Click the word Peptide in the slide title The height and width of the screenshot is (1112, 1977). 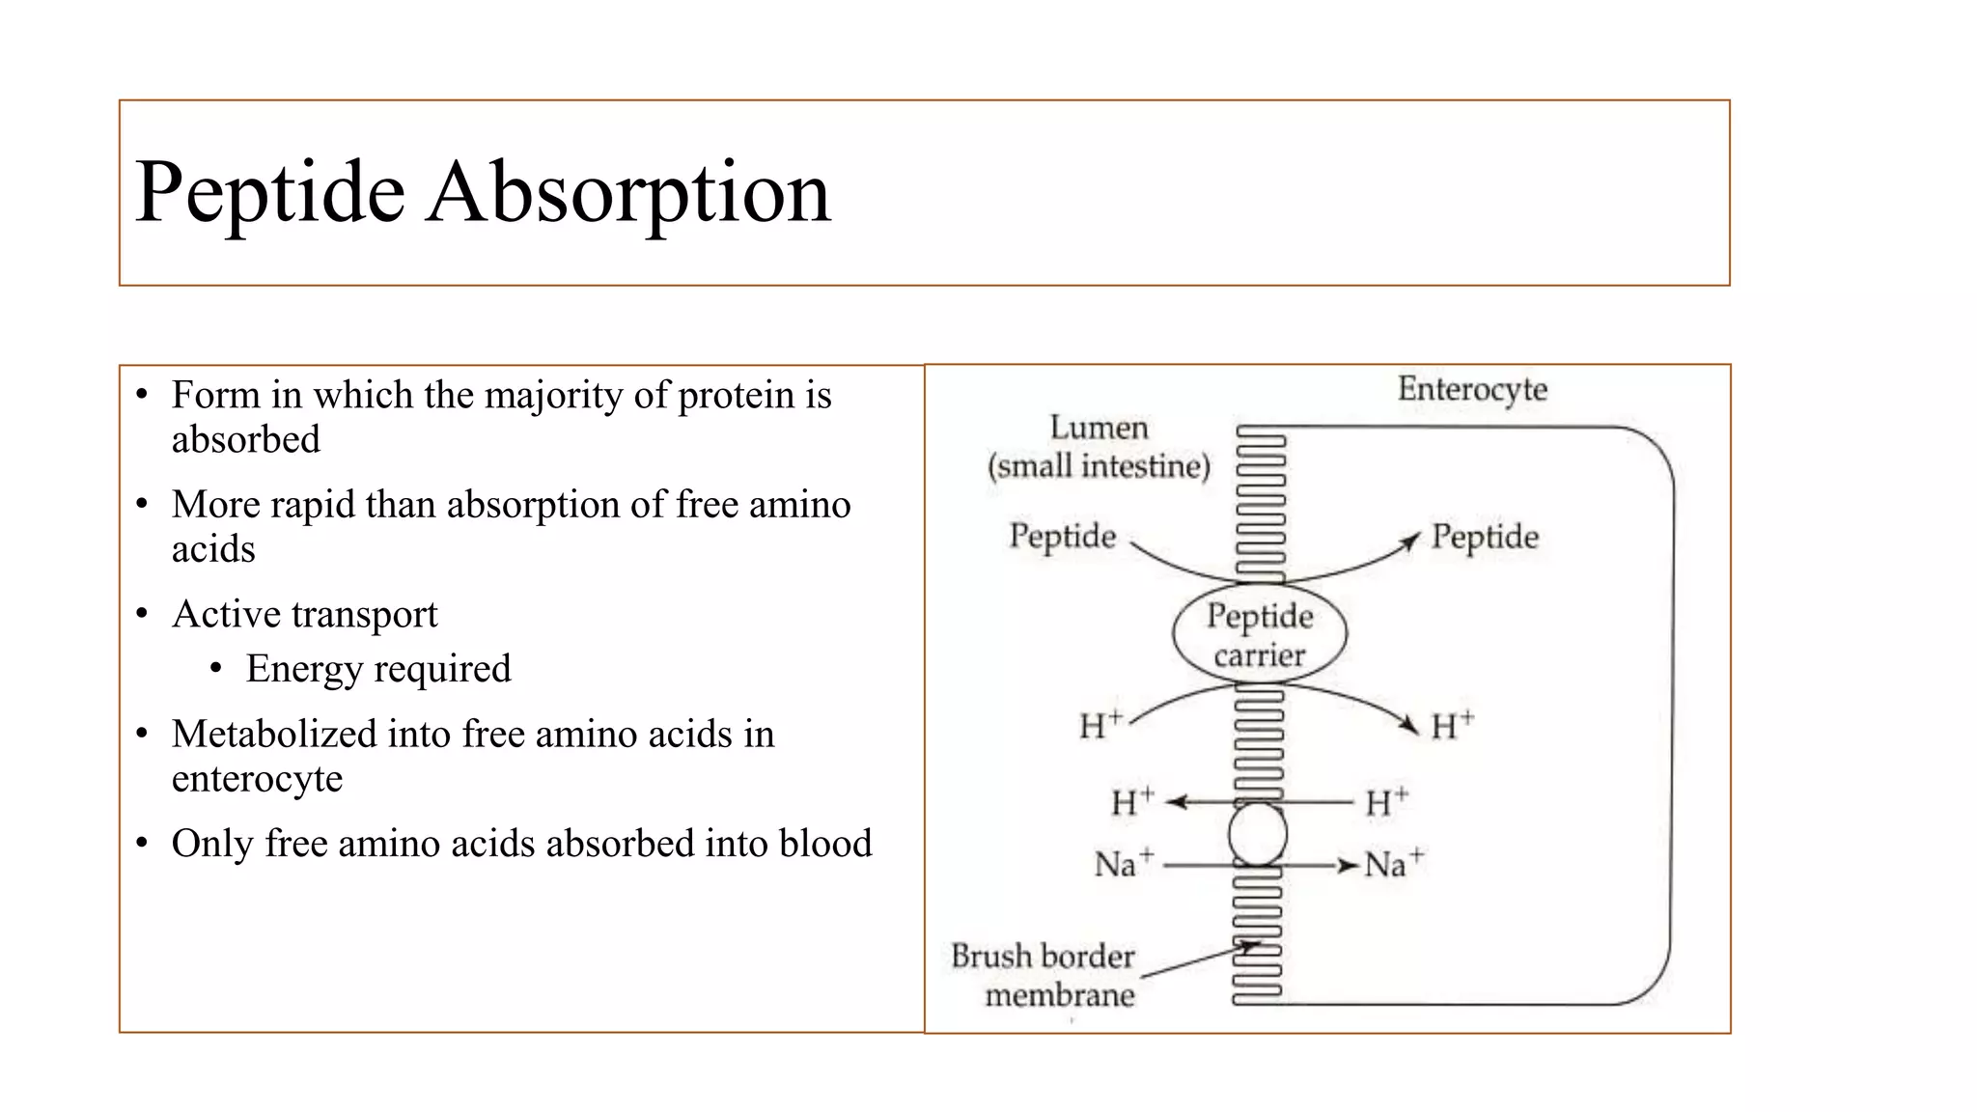[x=269, y=193]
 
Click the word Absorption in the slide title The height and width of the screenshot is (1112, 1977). [x=628, y=193]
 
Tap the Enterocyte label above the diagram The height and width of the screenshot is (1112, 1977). [x=1472, y=389]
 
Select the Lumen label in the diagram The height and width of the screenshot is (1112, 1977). [x=1099, y=428]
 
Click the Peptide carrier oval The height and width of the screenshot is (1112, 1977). [x=1260, y=634]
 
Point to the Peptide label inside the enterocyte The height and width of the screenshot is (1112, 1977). [x=1485, y=537]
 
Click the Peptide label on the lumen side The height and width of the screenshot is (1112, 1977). [x=1062, y=536]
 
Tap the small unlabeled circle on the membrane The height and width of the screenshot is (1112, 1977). [x=1258, y=834]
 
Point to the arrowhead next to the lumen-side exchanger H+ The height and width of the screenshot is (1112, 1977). [x=1177, y=801]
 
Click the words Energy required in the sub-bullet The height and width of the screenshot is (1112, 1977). [x=377, y=669]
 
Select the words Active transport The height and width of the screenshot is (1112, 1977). [x=304, y=614]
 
